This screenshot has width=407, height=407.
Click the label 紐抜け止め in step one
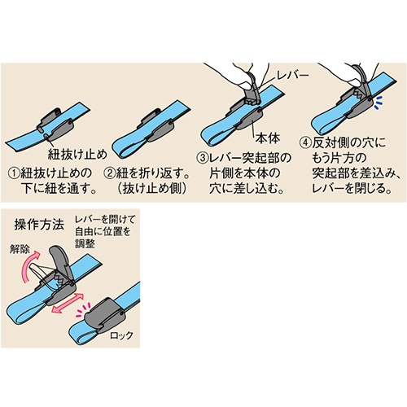point(77,154)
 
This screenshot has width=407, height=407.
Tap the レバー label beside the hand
point(291,77)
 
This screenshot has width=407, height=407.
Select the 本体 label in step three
point(267,138)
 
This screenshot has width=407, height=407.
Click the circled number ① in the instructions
point(14,173)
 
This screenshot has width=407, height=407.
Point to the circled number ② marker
point(109,173)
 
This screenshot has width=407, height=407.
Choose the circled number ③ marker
point(203,158)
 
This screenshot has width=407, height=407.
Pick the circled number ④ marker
point(305,143)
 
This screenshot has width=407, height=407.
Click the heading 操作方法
point(39,225)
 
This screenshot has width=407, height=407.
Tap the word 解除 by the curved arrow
point(20,249)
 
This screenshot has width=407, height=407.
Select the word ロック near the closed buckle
point(121,335)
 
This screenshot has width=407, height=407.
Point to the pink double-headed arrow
point(68,303)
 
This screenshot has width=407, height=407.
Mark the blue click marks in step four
point(378,103)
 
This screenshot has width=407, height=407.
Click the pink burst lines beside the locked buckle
point(82,310)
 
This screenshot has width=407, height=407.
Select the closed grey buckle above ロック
point(105,315)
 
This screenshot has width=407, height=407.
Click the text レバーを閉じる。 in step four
point(352,189)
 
